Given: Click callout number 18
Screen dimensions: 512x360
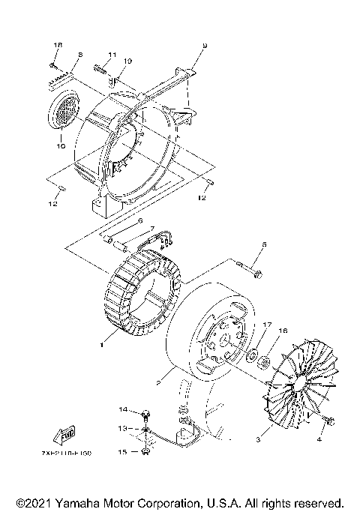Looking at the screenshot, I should [56, 46].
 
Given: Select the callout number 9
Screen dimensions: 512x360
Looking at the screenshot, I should [204, 46].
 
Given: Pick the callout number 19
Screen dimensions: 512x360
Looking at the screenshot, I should [127, 61].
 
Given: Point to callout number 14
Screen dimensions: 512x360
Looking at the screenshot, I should [124, 409].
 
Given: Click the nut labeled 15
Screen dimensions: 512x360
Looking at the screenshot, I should [144, 451].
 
